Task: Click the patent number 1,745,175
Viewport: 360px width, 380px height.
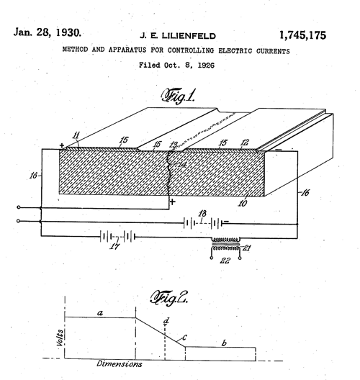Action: (x=302, y=35)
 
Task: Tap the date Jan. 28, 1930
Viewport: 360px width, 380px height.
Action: (x=47, y=32)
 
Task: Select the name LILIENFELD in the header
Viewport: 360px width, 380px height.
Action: (x=189, y=36)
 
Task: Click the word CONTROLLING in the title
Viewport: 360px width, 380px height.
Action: (x=191, y=50)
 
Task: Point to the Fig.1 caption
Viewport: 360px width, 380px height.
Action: (x=178, y=96)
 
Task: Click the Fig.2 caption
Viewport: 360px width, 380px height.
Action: (x=169, y=298)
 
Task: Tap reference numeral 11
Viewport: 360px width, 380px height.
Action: (x=76, y=135)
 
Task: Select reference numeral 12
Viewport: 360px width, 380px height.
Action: (x=245, y=142)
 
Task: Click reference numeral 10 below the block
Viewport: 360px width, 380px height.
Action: (x=243, y=203)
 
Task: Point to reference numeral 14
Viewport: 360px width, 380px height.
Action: (x=182, y=165)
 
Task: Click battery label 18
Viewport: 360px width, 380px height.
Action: (x=202, y=213)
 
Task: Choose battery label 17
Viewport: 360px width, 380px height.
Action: (x=114, y=246)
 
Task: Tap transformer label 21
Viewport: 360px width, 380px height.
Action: (x=246, y=248)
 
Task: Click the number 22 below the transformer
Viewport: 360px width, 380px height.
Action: (x=225, y=261)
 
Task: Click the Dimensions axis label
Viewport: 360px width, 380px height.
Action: (x=120, y=363)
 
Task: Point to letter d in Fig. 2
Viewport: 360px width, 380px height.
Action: (x=166, y=321)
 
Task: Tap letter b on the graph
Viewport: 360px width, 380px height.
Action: (x=224, y=343)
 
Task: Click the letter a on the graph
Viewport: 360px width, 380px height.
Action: (x=100, y=313)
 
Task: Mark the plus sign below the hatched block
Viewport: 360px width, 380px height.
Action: (x=172, y=202)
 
